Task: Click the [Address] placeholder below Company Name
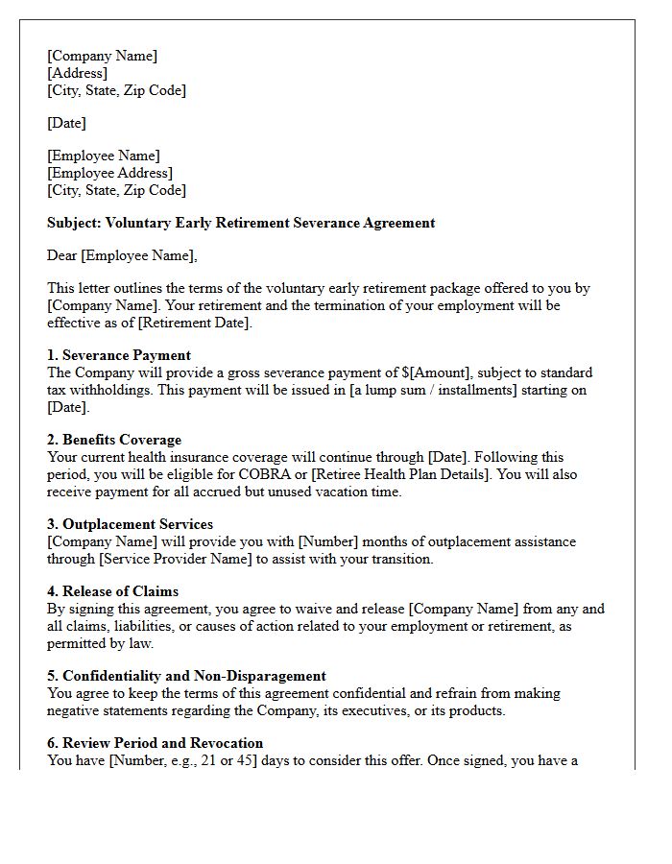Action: (77, 73)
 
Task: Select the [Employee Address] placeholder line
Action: (109, 173)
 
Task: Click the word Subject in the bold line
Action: (73, 223)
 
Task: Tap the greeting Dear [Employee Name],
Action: (121, 255)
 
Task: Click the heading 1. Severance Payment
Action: (119, 355)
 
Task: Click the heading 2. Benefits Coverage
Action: (114, 440)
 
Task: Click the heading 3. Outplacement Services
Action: (130, 524)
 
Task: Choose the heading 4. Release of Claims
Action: (112, 591)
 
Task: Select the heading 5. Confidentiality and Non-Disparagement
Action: (186, 676)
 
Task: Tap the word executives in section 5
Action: (355, 710)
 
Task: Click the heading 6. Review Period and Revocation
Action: (155, 743)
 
